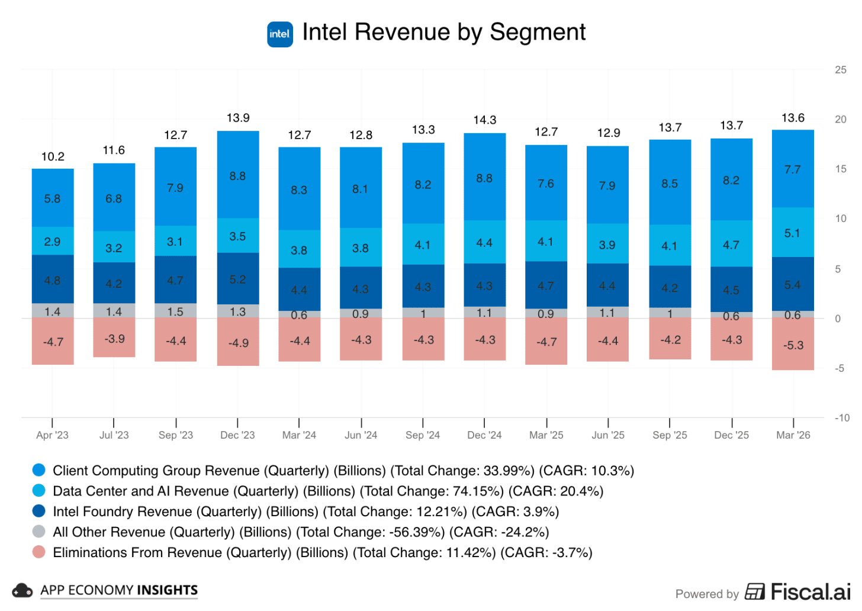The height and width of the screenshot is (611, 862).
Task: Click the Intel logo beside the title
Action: coord(279,34)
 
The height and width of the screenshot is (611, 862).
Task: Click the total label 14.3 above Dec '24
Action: coord(484,120)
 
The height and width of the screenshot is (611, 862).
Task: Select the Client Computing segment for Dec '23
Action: coord(238,175)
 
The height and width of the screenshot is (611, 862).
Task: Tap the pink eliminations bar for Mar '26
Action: coord(793,344)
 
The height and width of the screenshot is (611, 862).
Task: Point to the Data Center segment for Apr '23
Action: coord(53,241)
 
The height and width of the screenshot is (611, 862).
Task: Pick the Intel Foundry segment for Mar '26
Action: coord(793,284)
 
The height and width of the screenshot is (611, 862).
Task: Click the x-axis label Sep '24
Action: coord(423,435)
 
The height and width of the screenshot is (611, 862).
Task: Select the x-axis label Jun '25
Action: coord(608,435)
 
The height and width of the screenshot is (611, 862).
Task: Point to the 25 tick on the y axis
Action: coord(841,70)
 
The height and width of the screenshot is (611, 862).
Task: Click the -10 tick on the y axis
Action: coord(842,418)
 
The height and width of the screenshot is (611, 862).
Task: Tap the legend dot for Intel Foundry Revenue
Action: coord(39,511)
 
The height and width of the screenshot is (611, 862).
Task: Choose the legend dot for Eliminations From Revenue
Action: coord(39,552)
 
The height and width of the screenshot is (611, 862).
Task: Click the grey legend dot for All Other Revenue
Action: coord(39,531)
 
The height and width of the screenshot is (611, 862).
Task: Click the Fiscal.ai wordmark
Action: coord(810,592)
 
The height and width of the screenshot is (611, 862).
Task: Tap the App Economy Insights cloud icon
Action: coord(22,590)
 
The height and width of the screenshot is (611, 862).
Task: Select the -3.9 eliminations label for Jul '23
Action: coord(114,339)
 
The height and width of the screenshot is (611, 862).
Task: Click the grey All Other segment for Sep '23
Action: coord(176,311)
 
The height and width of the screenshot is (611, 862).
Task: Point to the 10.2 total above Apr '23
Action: coord(53,157)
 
